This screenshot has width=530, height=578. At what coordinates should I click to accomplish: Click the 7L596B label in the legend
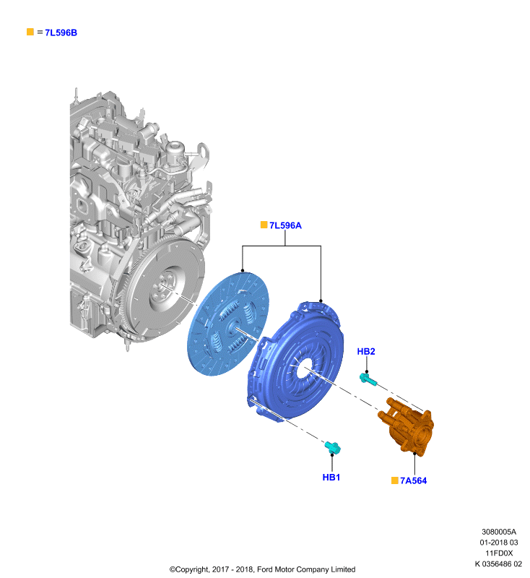(61, 33)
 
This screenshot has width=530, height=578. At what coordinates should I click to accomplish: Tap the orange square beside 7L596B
(30, 32)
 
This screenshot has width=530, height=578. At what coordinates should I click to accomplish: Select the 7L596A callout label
(285, 225)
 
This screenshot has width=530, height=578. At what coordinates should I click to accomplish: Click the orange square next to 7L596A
(264, 225)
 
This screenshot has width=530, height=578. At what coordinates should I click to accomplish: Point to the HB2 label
(366, 352)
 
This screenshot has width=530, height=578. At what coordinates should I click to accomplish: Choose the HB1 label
(331, 478)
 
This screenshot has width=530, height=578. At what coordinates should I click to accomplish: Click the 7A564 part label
(413, 480)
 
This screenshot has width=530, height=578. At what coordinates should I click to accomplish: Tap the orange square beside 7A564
(394, 480)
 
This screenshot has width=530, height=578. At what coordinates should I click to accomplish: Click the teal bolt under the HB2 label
(368, 379)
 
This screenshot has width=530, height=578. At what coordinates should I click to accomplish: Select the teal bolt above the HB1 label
(333, 447)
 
